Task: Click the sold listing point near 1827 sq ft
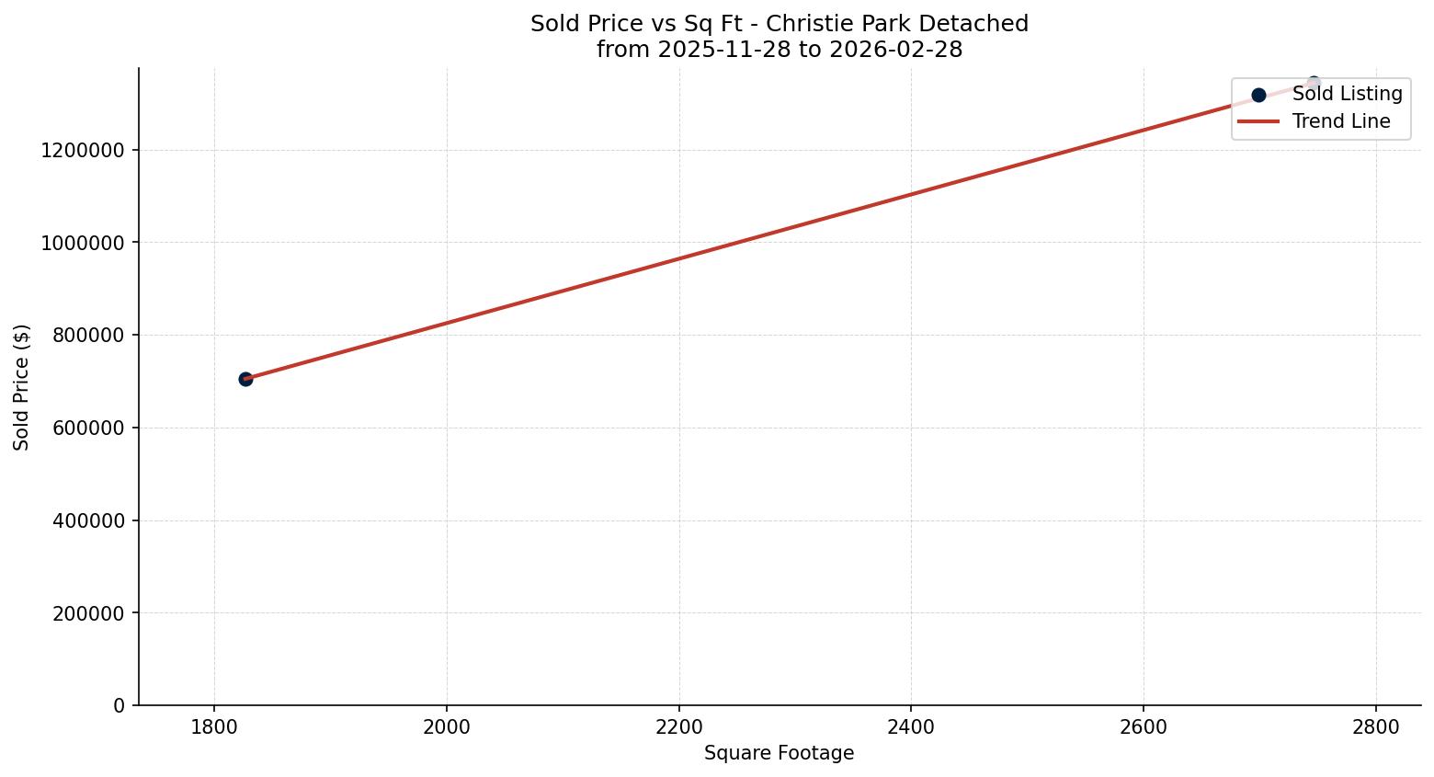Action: click(x=245, y=379)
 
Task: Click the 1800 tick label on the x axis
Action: click(x=214, y=727)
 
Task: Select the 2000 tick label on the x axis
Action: click(x=447, y=727)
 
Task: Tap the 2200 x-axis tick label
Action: click(x=678, y=727)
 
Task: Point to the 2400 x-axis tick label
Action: click(x=911, y=727)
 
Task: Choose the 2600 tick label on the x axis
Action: click(x=1143, y=727)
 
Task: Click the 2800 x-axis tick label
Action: click(x=1375, y=727)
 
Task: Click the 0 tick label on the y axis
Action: click(x=119, y=705)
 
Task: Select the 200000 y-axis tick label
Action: click(x=88, y=613)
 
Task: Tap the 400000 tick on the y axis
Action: click(x=88, y=520)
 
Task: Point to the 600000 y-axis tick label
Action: click(x=88, y=428)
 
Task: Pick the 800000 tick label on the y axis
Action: click(x=88, y=335)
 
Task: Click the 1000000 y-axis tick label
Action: click(x=83, y=243)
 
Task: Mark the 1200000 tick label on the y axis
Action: click(x=83, y=150)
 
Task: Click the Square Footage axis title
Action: click(x=779, y=754)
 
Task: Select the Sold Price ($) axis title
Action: click(x=22, y=387)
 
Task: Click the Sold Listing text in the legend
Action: click(x=1347, y=94)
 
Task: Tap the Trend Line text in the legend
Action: click(x=1341, y=121)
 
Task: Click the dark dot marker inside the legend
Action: click(x=1258, y=95)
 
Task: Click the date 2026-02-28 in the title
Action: click(x=895, y=50)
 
